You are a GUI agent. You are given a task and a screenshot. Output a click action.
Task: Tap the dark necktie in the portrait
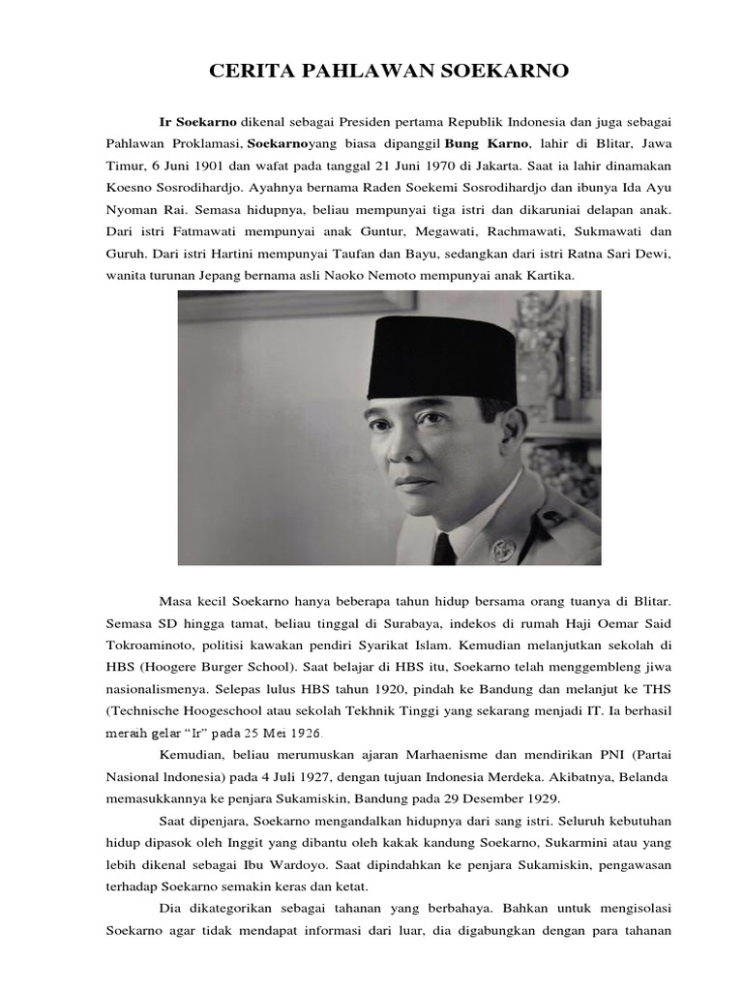coord(444,548)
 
